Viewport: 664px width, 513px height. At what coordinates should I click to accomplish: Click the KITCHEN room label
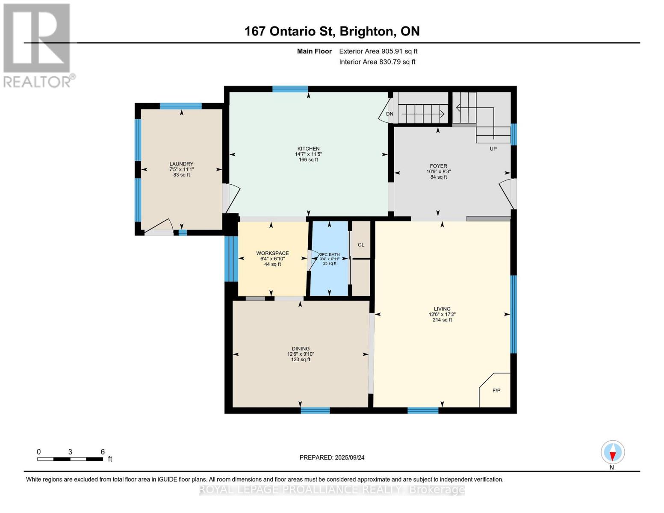[x=308, y=149]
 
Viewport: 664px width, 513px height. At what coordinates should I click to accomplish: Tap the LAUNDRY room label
[x=181, y=164]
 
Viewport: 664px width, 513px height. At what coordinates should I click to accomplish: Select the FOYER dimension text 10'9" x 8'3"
[x=438, y=171]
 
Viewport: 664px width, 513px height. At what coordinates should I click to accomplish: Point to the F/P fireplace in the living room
[x=496, y=391]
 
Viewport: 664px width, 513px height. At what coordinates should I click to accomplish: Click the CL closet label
[x=361, y=245]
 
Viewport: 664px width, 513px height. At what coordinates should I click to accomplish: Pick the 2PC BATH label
[x=329, y=254]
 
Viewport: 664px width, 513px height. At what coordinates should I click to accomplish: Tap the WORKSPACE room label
[x=272, y=253]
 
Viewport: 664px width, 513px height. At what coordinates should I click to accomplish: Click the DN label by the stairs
[x=390, y=114]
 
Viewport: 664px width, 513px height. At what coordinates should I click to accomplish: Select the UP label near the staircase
[x=493, y=149]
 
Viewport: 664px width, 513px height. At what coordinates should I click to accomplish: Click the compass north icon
[x=612, y=452]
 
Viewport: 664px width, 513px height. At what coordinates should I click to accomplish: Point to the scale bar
[x=70, y=459]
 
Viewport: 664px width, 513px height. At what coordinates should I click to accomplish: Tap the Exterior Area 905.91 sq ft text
[x=378, y=51]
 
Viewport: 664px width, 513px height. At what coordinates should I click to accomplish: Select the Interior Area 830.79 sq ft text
[x=377, y=62]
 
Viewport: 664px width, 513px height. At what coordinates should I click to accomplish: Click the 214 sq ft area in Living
[x=442, y=320]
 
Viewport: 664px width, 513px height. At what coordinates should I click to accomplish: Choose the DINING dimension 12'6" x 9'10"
[x=301, y=354]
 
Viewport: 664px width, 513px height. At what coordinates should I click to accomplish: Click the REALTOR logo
[x=38, y=45]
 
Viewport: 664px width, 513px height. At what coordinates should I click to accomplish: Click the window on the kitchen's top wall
[x=290, y=89]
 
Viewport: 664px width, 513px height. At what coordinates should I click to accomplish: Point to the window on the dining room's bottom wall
[x=315, y=410]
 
